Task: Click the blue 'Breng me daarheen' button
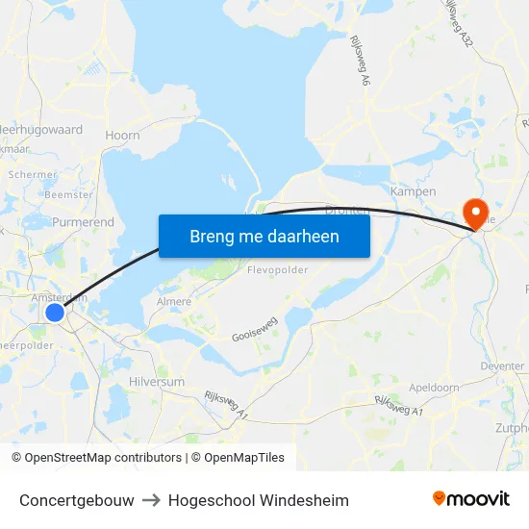tap(264, 236)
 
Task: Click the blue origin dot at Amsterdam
tap(55, 313)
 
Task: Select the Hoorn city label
tap(122, 136)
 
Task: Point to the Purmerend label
tap(83, 222)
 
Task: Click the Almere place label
tap(173, 302)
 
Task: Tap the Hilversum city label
tap(156, 382)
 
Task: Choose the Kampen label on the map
tap(414, 191)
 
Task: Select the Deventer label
tap(503, 366)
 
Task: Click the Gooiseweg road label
tap(255, 329)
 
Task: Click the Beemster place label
tap(69, 194)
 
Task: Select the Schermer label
tap(33, 175)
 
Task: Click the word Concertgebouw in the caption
tap(76, 500)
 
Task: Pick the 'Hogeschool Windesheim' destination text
tap(258, 500)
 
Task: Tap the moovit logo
tap(471, 498)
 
